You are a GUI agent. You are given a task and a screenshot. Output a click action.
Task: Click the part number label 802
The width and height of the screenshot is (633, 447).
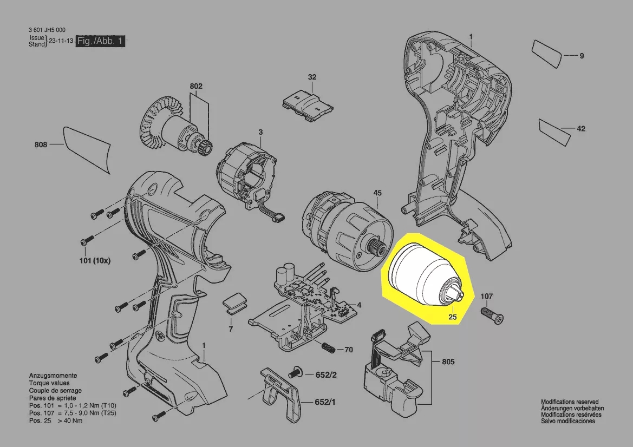[x=196, y=87]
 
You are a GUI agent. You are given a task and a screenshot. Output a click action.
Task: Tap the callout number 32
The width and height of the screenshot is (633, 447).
[x=312, y=77]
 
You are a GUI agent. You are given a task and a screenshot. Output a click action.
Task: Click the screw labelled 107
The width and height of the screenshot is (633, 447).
[x=492, y=315]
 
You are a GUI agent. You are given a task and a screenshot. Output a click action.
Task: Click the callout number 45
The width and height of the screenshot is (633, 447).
[x=377, y=193]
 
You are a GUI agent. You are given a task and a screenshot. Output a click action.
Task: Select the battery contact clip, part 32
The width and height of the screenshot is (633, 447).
[x=308, y=104]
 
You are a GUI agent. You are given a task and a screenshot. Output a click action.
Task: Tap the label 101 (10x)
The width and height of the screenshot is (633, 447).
[x=95, y=261]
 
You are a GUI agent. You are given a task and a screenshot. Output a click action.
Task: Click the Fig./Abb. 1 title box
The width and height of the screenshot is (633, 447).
[x=100, y=41]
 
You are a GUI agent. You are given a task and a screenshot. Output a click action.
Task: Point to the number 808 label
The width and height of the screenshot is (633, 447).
[x=41, y=144]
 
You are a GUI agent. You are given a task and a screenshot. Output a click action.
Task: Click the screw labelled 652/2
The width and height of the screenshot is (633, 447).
[x=295, y=372]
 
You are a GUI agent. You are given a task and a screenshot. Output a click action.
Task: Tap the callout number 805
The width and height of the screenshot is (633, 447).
[x=448, y=362]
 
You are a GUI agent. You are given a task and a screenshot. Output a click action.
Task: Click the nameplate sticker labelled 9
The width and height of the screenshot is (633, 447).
[x=547, y=54]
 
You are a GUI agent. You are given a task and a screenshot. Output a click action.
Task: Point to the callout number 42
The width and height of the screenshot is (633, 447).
[x=581, y=129]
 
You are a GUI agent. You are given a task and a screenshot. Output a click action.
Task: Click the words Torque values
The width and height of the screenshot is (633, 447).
[x=49, y=383]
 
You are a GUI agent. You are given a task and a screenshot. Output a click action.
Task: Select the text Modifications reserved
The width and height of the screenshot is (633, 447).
[x=570, y=402]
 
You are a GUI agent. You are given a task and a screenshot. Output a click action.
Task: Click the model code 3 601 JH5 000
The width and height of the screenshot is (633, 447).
[x=47, y=30]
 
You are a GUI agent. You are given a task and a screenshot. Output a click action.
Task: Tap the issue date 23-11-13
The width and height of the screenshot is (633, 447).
[x=61, y=41]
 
